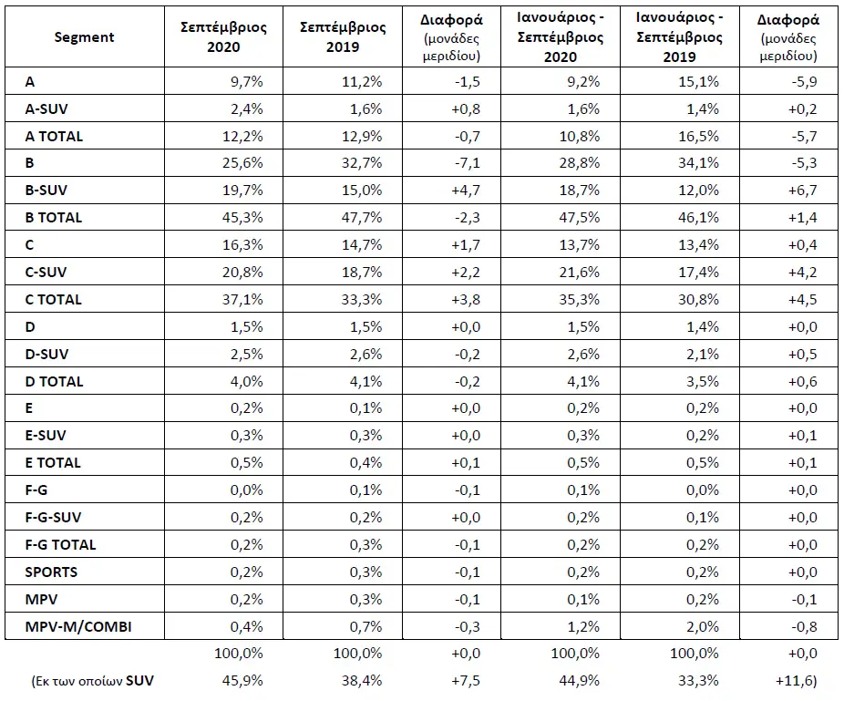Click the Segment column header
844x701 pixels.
pyautogui.click(x=84, y=37)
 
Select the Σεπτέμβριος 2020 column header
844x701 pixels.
pyautogui.click(x=223, y=36)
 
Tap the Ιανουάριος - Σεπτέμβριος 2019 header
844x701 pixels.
pyautogui.click(x=679, y=36)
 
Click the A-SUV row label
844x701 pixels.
pyautogui.click(x=46, y=108)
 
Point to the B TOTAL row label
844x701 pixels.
pyautogui.click(x=53, y=218)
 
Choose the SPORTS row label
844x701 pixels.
pyautogui.click(x=51, y=572)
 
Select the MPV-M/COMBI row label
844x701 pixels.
pyautogui.click(x=78, y=626)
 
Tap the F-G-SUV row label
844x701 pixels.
pyautogui.click(x=53, y=518)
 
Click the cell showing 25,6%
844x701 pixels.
pyautogui.click(x=242, y=162)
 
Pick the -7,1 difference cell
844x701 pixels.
pyautogui.click(x=467, y=162)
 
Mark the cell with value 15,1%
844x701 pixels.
pyautogui.click(x=698, y=81)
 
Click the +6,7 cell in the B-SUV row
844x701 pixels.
pyautogui.click(x=803, y=190)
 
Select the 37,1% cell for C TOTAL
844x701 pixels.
pyautogui.click(x=242, y=299)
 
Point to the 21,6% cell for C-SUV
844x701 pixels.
pyautogui.click(x=579, y=272)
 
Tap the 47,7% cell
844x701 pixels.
pyautogui.click(x=362, y=218)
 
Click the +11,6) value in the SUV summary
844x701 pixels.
pyautogui.click(x=796, y=681)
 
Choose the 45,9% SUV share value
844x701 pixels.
pyautogui.click(x=242, y=681)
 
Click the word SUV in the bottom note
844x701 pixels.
pyautogui.click(x=139, y=681)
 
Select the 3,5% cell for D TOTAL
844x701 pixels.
pyautogui.click(x=703, y=381)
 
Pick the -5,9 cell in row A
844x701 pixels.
pyautogui.click(x=804, y=81)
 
